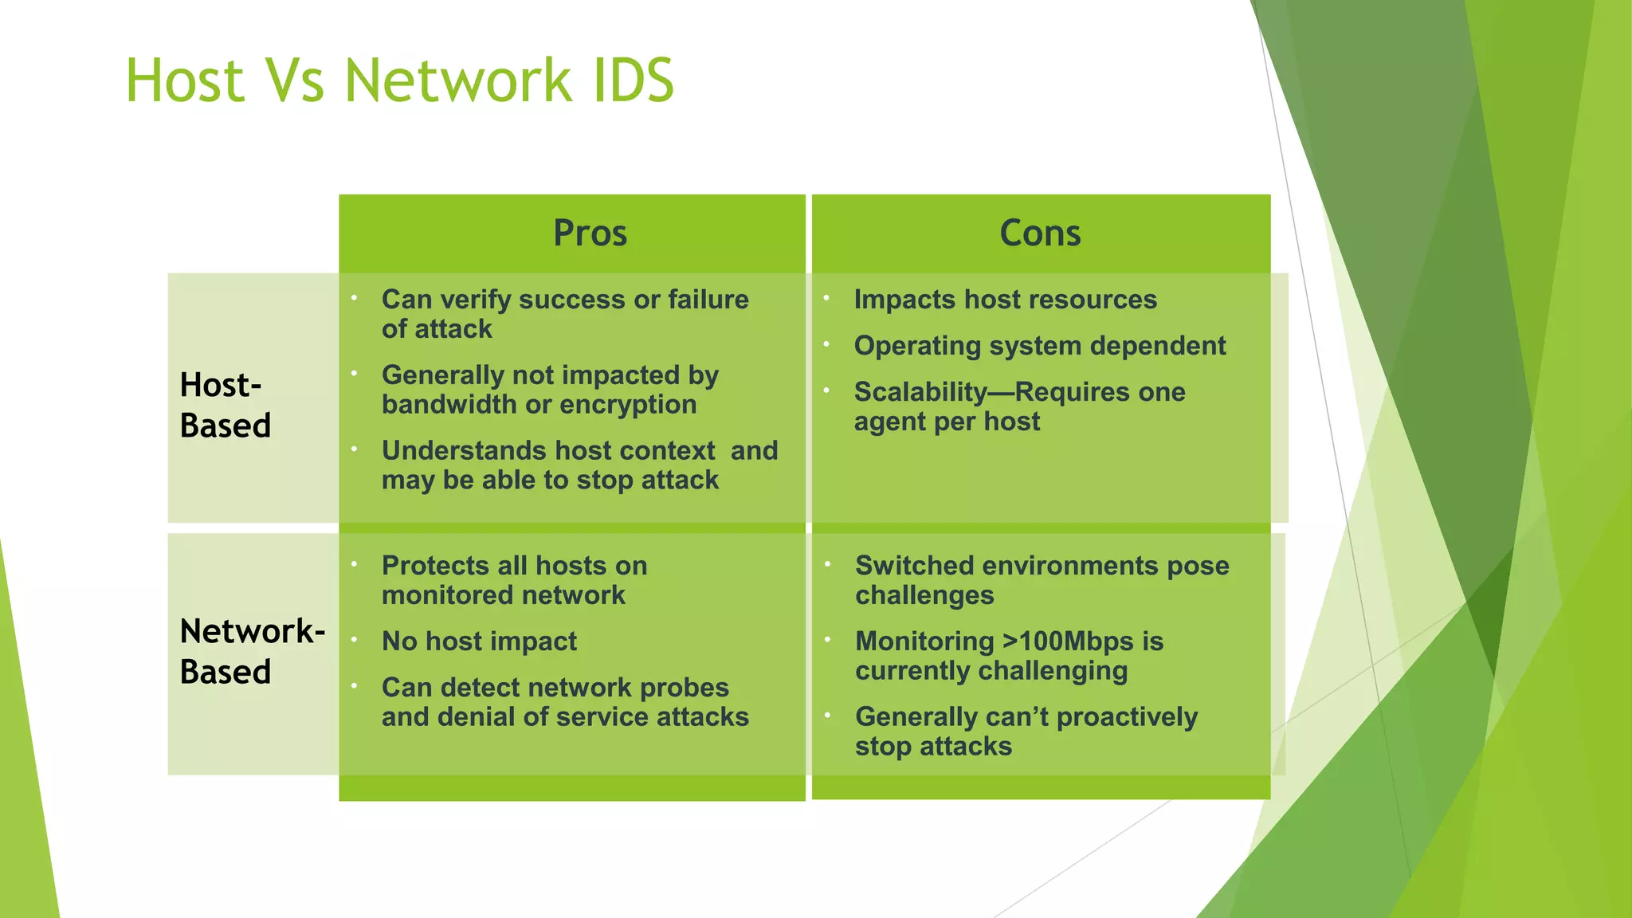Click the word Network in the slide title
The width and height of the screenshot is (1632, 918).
[457, 81]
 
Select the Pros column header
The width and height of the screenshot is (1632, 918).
[590, 233]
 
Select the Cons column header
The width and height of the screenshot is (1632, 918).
[1040, 233]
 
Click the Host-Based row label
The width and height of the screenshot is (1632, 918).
[225, 405]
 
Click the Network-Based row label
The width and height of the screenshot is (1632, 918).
[252, 651]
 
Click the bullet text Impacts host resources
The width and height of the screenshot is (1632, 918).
[1005, 300]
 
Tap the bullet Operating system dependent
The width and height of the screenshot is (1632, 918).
[1039, 346]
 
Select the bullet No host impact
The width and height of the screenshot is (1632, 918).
[479, 641]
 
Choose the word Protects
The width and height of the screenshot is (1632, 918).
[435, 566]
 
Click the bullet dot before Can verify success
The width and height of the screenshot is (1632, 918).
[354, 298]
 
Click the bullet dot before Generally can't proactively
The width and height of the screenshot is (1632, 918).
[828, 716]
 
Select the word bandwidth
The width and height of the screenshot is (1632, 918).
[449, 405]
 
